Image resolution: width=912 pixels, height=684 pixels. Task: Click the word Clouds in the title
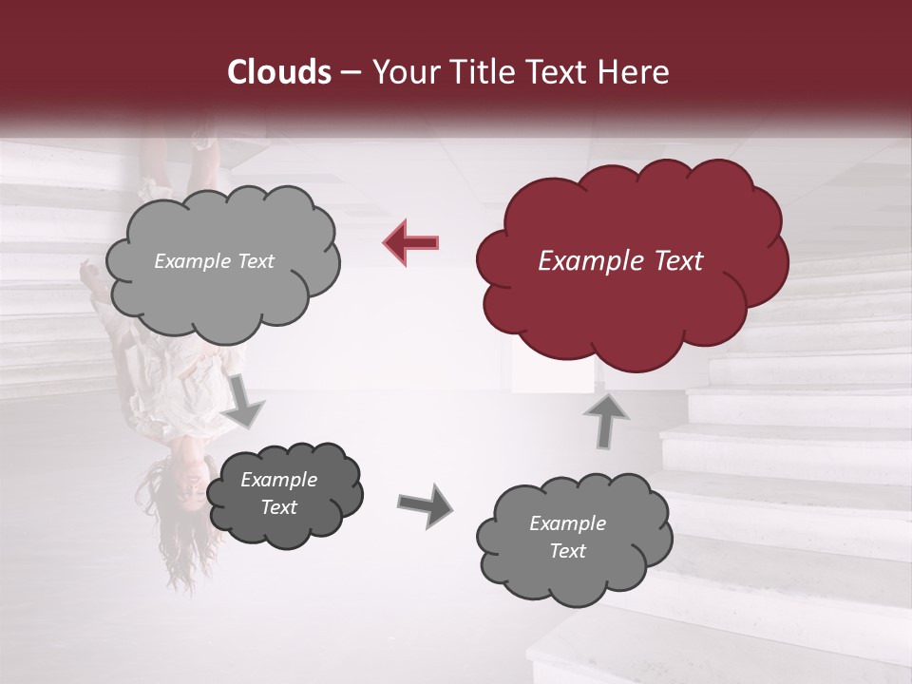click(x=279, y=72)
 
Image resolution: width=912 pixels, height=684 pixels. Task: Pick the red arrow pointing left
click(x=410, y=242)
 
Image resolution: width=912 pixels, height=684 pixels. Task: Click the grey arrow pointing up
click(x=605, y=418)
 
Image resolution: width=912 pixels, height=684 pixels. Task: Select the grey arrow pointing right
click(x=425, y=504)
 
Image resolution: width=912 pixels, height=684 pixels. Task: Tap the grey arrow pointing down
click(x=245, y=400)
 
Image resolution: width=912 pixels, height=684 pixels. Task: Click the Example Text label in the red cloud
click(x=620, y=261)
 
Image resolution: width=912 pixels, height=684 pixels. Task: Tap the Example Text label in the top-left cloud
click(x=214, y=261)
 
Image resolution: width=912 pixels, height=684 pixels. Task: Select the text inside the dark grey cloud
click(x=278, y=494)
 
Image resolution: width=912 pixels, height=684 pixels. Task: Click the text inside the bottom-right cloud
click(x=567, y=537)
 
